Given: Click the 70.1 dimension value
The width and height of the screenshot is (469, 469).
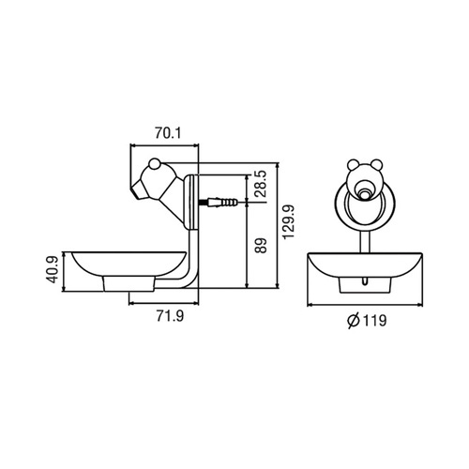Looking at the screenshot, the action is (x=168, y=133).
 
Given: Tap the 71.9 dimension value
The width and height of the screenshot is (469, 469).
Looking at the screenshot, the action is (x=170, y=316).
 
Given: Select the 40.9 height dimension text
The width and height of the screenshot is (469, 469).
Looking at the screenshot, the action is (x=53, y=269).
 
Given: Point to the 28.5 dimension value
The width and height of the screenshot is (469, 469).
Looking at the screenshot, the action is (x=260, y=184).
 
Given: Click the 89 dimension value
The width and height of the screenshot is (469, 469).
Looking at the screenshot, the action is (x=261, y=246).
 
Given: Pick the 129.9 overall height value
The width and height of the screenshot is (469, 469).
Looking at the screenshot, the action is (x=288, y=221).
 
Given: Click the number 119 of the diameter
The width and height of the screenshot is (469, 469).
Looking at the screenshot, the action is (x=374, y=321).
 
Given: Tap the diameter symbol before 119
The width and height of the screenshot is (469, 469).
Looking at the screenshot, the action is (x=354, y=321).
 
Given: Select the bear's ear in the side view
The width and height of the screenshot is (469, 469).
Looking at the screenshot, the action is (x=154, y=164).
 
